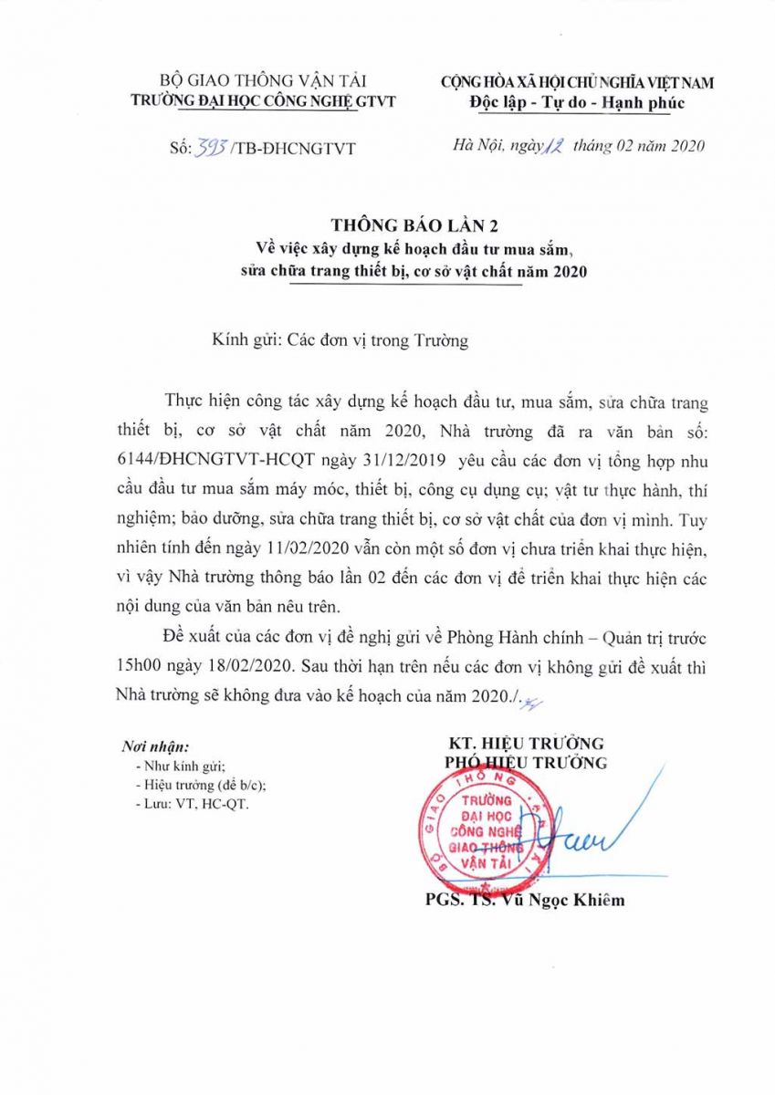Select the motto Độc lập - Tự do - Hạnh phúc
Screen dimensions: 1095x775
click(x=577, y=101)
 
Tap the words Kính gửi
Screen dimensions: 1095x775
click(x=243, y=342)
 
